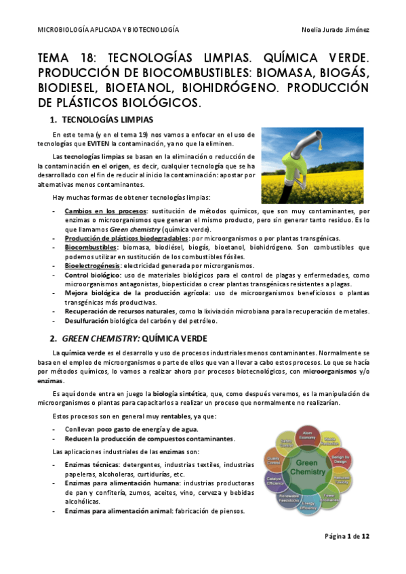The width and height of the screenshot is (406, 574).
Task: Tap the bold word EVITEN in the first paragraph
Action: pos(97,143)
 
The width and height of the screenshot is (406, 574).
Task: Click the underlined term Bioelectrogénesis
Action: pos(88,266)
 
